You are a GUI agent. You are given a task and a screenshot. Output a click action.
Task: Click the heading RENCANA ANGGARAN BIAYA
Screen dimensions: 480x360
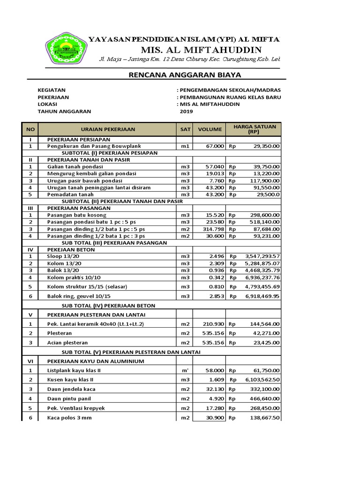pyautogui.click(x=185, y=75)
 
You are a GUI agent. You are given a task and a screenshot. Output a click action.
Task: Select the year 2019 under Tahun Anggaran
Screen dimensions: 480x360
pyautogui.click(x=186, y=112)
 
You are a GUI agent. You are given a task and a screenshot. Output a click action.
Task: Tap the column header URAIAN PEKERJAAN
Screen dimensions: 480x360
pyautogui.click(x=107, y=129)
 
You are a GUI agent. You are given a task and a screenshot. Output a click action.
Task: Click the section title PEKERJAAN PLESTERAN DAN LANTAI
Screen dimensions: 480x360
pyautogui.click(x=96, y=314)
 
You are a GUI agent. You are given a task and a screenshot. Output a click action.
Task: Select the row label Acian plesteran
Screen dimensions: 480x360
pyautogui.click(x=67, y=343)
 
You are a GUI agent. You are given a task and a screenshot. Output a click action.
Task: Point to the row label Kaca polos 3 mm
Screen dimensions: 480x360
pyautogui.click(x=69, y=417)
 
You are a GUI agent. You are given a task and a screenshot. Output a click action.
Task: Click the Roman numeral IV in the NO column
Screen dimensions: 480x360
pyautogui.click(x=30, y=250)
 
